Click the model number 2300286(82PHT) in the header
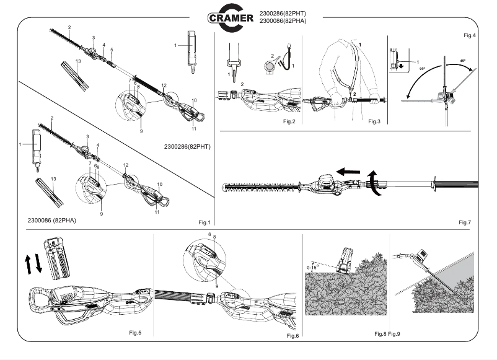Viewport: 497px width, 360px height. click(x=283, y=12)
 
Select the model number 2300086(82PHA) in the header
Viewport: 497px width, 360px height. click(x=283, y=22)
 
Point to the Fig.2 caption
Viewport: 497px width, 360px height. click(x=289, y=121)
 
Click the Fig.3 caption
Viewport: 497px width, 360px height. click(x=374, y=121)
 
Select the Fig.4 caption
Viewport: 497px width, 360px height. click(x=470, y=35)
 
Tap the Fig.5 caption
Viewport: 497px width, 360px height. click(x=135, y=333)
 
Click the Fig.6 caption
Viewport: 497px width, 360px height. click(x=292, y=335)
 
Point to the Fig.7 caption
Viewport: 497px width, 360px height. click(x=465, y=222)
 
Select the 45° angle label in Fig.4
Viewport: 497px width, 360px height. click(x=462, y=61)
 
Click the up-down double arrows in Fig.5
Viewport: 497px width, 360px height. click(x=34, y=263)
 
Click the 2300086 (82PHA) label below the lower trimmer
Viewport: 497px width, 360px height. click(x=51, y=220)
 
